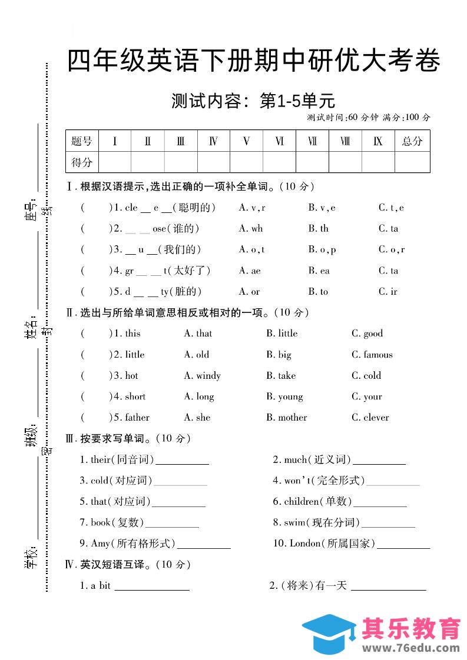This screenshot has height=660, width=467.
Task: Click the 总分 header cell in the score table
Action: (x=412, y=141)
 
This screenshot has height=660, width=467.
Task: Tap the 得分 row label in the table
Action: (x=82, y=162)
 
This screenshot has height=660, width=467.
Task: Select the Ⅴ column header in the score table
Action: (x=246, y=141)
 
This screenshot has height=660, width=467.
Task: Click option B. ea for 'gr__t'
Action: (x=319, y=271)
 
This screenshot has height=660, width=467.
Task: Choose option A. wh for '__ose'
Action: (x=251, y=228)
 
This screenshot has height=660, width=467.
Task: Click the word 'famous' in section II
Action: (x=377, y=355)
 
